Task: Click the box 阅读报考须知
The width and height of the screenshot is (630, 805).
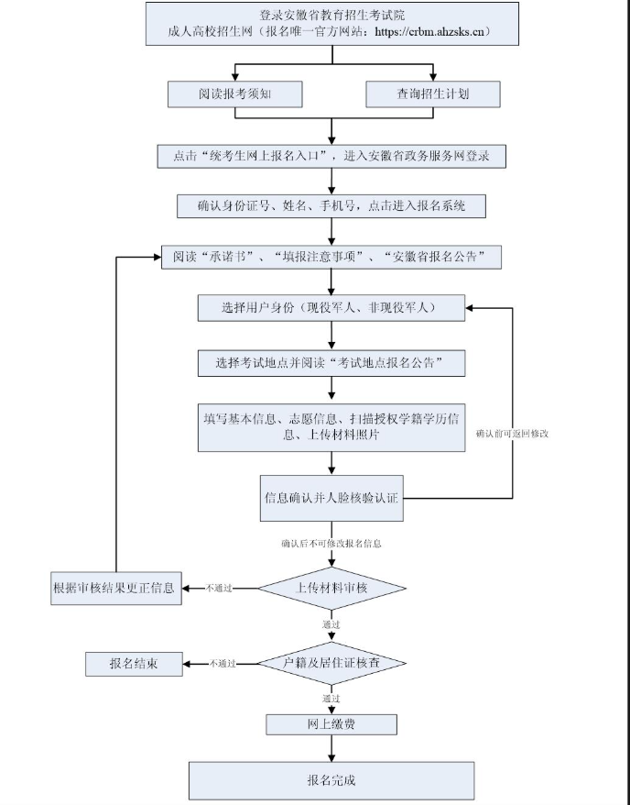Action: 234,94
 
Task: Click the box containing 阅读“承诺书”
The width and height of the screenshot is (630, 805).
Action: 331,256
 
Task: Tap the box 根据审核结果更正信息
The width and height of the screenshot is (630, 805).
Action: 114,587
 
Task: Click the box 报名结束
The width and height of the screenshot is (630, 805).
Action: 134,663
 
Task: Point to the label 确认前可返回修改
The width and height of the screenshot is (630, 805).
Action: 512,432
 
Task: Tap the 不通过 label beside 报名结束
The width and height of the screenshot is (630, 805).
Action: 223,663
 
